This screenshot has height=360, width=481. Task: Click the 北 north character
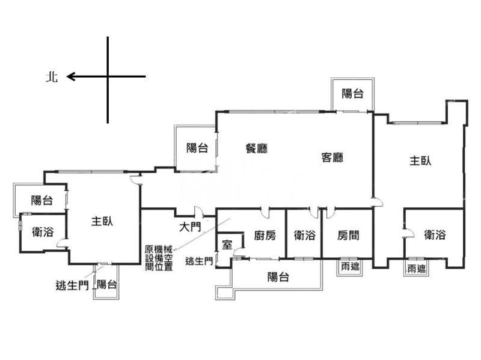point(52,77)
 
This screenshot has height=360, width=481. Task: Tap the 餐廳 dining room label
point(257,148)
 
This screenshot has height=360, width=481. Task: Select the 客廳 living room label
point(332,158)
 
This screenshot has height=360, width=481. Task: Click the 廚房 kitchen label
point(265,236)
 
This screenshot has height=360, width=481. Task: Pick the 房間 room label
point(348,236)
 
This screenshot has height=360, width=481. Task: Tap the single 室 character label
point(227,245)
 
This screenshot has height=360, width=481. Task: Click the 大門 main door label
point(190,227)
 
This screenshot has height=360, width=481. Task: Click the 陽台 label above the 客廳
point(352,93)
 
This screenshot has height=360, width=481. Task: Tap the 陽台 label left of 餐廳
point(197,148)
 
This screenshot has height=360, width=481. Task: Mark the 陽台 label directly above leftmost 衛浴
point(42,201)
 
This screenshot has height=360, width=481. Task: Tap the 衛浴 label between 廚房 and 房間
point(304,236)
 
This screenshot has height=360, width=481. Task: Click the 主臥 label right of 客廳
point(421,161)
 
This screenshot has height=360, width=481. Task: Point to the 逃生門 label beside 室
point(198,261)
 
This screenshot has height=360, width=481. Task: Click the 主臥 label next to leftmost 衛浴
point(102,221)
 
